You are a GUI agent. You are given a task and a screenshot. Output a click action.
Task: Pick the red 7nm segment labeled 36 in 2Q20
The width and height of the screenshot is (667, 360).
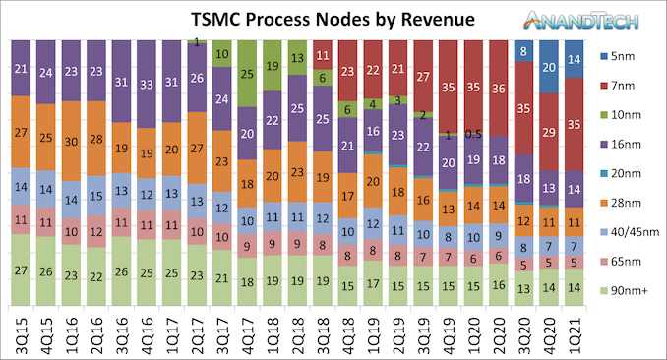(x=499, y=89)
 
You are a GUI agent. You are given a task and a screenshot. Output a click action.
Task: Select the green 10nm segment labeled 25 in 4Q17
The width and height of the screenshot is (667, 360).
(x=248, y=73)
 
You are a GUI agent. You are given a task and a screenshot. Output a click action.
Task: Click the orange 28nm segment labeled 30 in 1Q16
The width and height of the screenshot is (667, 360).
(x=72, y=141)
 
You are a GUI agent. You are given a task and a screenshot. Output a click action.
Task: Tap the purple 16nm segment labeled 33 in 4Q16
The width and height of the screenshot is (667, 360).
(x=148, y=85)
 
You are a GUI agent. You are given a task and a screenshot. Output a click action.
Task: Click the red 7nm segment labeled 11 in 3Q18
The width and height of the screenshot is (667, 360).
(x=323, y=55)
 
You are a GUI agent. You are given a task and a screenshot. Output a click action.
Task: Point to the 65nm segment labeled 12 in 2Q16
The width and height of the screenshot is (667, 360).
(x=97, y=232)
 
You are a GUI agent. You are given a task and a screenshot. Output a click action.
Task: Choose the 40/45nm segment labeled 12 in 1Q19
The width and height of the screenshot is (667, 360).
(x=373, y=225)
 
